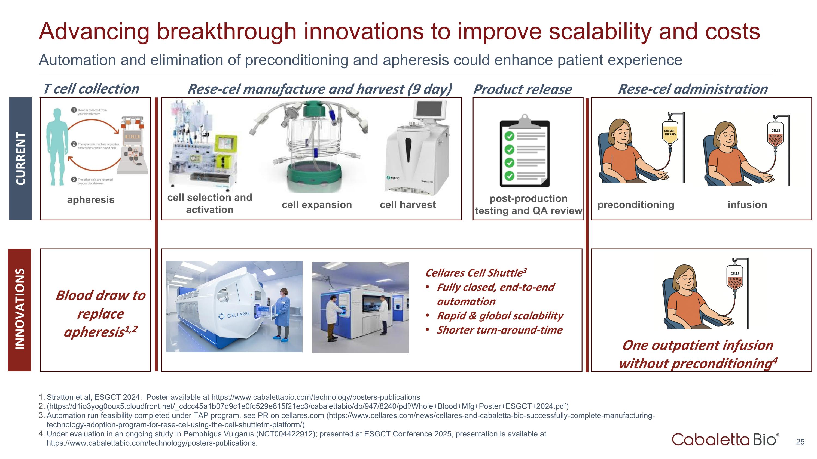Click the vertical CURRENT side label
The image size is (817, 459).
point(20,158)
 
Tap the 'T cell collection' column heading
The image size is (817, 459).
point(91,89)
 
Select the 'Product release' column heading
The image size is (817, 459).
point(522,89)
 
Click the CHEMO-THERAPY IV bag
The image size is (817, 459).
point(670,133)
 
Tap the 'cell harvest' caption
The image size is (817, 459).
point(408,205)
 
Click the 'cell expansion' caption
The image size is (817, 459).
point(316,205)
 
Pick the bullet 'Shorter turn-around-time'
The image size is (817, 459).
point(499,330)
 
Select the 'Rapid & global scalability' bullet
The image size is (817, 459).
point(500,316)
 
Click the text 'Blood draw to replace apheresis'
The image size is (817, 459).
point(100,314)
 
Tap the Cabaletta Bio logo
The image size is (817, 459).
point(725,439)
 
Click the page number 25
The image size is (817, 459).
point(800,442)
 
